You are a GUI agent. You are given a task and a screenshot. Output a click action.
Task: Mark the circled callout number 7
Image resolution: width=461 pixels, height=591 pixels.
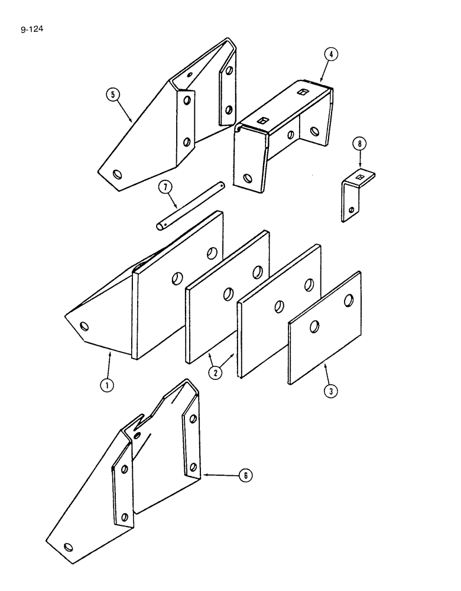pos(167,187)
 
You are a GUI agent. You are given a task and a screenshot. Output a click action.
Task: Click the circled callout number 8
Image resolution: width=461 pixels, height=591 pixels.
pos(358,143)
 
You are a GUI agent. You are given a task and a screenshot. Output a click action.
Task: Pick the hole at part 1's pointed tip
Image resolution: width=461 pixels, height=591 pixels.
pos(83,325)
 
